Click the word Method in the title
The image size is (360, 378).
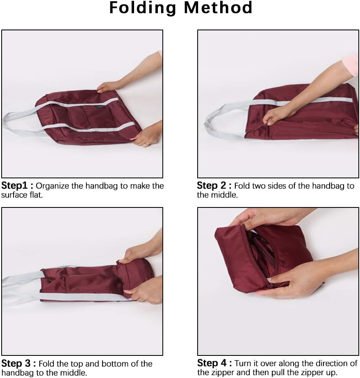pos(218,7)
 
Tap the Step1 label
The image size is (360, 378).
pos(17,186)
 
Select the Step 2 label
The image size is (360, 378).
pos(214,186)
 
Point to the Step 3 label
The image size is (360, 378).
pos(18,363)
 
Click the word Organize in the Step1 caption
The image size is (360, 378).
pos(52,186)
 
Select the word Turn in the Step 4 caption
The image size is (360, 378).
pos(243,363)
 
